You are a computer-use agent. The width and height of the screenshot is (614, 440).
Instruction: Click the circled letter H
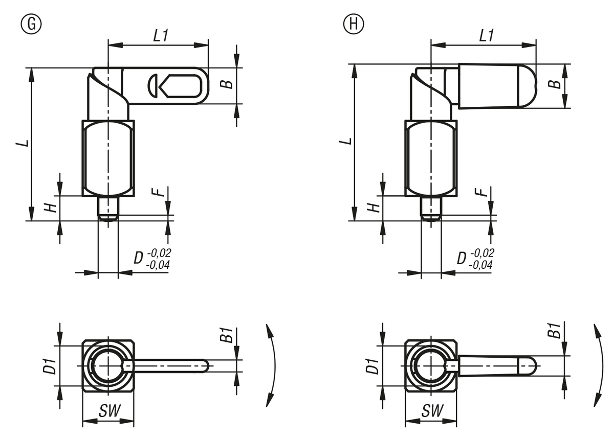pyautogui.click(x=353, y=24)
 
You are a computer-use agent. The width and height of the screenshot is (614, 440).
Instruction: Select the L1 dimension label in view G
pyautogui.click(x=162, y=35)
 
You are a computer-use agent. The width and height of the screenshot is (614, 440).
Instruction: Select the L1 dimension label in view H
pyautogui.click(x=487, y=35)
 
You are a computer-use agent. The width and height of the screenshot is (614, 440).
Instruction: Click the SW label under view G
pyautogui.click(x=108, y=410)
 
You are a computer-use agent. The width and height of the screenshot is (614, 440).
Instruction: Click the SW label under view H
pyautogui.click(x=432, y=410)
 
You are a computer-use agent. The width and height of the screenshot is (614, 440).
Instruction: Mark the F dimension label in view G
pyautogui.click(x=160, y=192)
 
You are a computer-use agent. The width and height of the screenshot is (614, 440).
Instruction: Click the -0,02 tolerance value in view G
pyautogui.click(x=159, y=253)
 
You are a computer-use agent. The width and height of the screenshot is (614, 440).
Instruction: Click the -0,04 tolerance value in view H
pyautogui.click(x=481, y=265)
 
